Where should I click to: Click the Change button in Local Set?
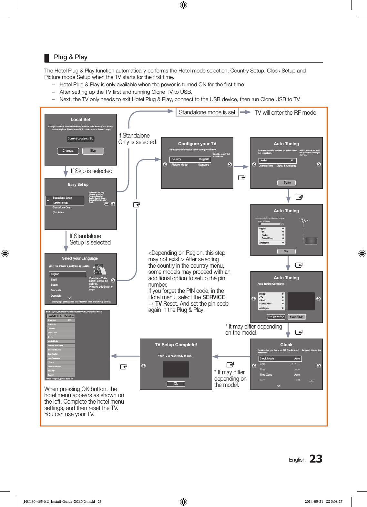(68, 151)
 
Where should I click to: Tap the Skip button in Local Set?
(93, 151)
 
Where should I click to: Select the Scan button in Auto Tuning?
(287, 183)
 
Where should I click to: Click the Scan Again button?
(296, 317)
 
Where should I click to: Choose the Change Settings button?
(276, 317)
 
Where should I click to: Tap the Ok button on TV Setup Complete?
(176, 384)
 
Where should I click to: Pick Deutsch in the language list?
(56, 296)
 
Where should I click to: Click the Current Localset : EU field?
(80, 139)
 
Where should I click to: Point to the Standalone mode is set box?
(207, 112)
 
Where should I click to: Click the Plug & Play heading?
(71, 57)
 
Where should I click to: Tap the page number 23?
(316, 459)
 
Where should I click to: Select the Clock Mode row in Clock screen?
(280, 359)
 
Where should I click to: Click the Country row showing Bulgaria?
(190, 159)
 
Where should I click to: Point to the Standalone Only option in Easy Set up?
(62, 208)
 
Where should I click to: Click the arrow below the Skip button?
(66, 171)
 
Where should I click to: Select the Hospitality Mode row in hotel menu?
(61, 316)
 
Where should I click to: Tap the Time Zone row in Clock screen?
(280, 375)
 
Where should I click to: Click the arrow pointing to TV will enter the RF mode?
(246, 112)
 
